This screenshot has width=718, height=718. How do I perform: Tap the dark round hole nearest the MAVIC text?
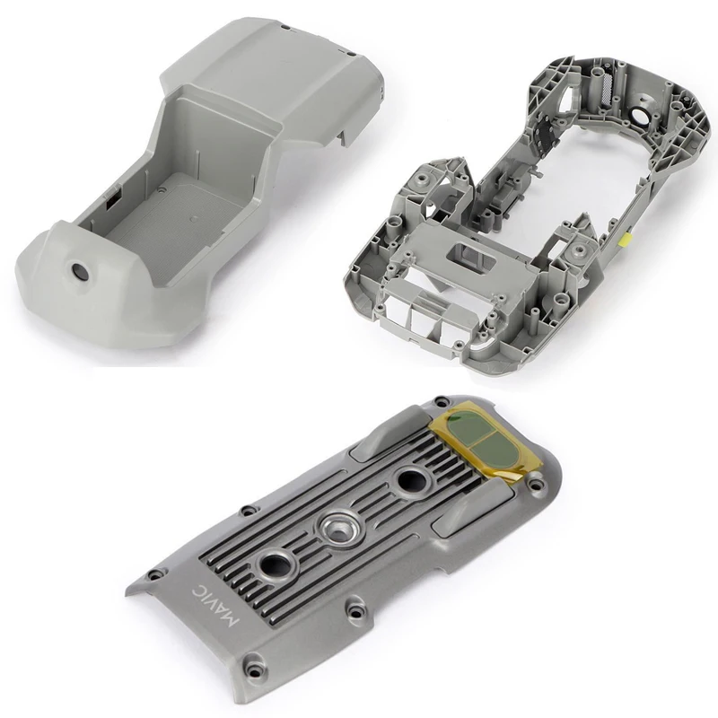(x=275, y=565)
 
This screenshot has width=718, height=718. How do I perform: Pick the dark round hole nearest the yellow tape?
(x=411, y=482)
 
